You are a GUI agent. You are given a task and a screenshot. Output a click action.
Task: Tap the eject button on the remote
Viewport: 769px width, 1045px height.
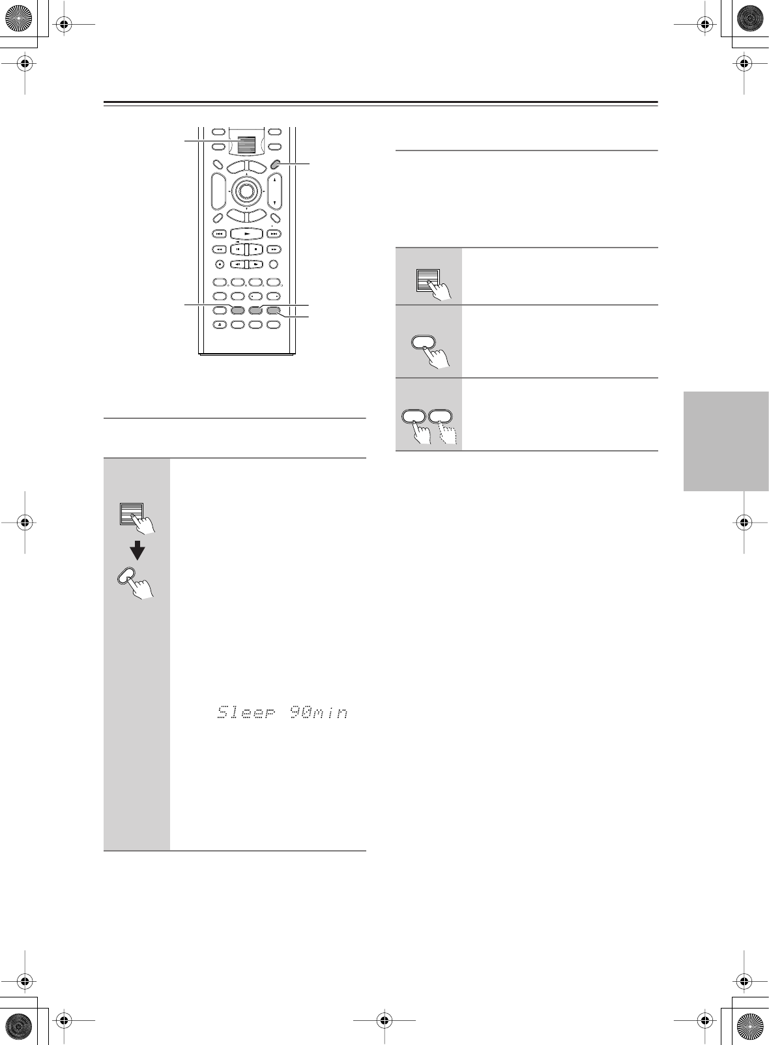[x=220, y=324]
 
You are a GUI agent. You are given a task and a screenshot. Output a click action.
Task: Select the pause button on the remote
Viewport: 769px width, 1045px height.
[x=237, y=249]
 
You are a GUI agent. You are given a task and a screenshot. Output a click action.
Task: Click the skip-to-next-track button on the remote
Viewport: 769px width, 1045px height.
[x=274, y=234]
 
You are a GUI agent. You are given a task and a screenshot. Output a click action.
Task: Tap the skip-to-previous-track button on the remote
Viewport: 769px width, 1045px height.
[x=220, y=234]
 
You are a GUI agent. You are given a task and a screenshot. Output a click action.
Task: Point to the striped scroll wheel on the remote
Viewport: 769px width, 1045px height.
[x=246, y=145]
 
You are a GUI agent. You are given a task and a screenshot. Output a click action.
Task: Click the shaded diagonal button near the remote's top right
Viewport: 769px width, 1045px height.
[x=275, y=164]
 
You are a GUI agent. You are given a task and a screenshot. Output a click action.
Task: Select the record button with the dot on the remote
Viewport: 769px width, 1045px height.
[x=220, y=265]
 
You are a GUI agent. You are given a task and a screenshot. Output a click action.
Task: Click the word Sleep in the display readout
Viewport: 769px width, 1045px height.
[x=247, y=712]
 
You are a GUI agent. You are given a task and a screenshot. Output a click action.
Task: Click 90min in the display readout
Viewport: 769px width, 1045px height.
[x=318, y=712]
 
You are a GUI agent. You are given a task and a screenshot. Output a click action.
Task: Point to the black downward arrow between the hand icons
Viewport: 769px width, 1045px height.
[x=138, y=551]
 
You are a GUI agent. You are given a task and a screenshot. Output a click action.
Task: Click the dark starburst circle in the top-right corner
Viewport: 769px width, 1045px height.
[x=749, y=19]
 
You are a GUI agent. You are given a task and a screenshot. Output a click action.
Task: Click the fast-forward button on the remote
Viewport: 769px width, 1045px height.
[x=274, y=249]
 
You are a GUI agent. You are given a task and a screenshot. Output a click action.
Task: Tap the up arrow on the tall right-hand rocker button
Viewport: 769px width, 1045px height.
[x=275, y=180]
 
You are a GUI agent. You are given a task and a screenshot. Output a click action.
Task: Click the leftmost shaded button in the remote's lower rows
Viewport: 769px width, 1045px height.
[x=237, y=310]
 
